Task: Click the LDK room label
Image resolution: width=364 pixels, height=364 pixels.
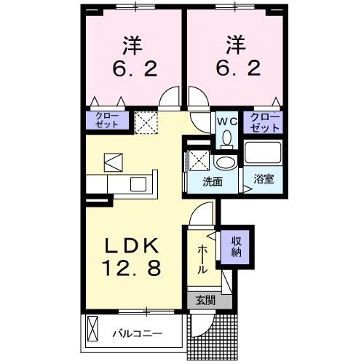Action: [132, 245]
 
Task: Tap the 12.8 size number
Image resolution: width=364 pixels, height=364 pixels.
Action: [132, 269]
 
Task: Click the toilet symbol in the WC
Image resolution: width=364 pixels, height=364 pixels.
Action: [226, 138]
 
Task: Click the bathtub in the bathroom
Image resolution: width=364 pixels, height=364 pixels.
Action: [263, 154]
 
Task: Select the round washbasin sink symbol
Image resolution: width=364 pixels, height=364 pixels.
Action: [226, 161]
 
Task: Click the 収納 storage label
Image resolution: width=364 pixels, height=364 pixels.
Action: [237, 246]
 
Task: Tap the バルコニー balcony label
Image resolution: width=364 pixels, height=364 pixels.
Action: [137, 334]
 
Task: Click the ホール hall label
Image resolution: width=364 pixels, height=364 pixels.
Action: [202, 258]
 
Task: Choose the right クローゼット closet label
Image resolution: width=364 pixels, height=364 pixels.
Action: [265, 122]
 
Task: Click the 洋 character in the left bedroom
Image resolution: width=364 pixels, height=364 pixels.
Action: [132, 44]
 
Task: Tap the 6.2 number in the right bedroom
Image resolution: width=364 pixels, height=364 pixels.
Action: [234, 69]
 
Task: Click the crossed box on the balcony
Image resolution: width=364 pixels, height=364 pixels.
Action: [92, 331]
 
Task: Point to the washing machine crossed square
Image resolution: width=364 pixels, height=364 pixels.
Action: [199, 159]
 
